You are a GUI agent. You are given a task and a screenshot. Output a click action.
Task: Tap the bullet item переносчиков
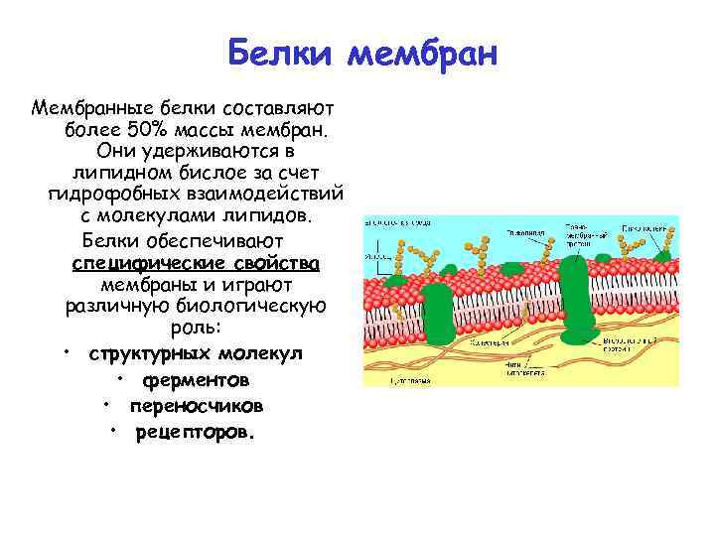pos(196,406)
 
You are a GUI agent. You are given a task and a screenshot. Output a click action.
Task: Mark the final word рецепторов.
pos(196,432)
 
